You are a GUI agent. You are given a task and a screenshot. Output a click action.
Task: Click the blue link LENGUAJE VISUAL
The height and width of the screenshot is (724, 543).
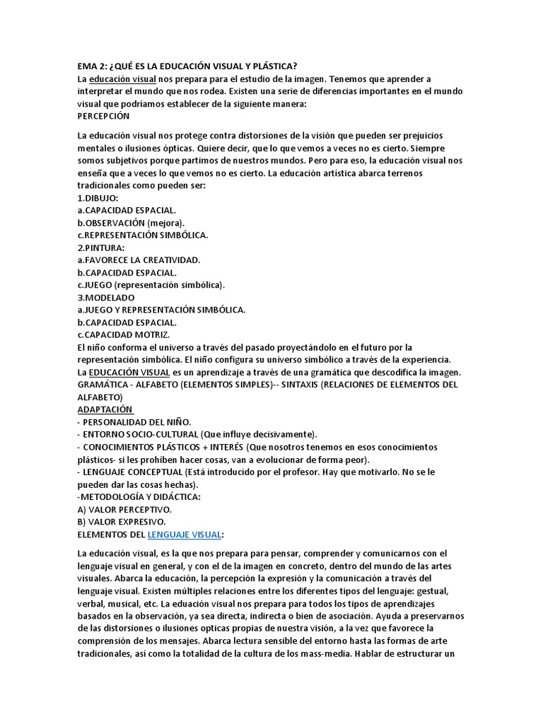click(185, 534)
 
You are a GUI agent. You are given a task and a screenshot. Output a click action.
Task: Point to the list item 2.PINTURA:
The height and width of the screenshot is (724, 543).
click(100, 247)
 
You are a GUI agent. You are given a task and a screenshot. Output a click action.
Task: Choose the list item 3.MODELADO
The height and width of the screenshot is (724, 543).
click(105, 298)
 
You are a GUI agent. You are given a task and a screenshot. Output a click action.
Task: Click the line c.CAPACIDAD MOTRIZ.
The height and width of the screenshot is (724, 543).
click(124, 334)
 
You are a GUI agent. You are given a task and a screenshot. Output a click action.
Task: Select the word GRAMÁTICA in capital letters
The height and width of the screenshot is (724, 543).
click(106, 385)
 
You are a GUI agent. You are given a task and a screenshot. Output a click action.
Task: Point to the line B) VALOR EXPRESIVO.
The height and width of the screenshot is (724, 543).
click(122, 521)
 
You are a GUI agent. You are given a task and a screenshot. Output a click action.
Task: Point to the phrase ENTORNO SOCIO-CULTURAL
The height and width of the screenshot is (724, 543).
click(141, 434)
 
